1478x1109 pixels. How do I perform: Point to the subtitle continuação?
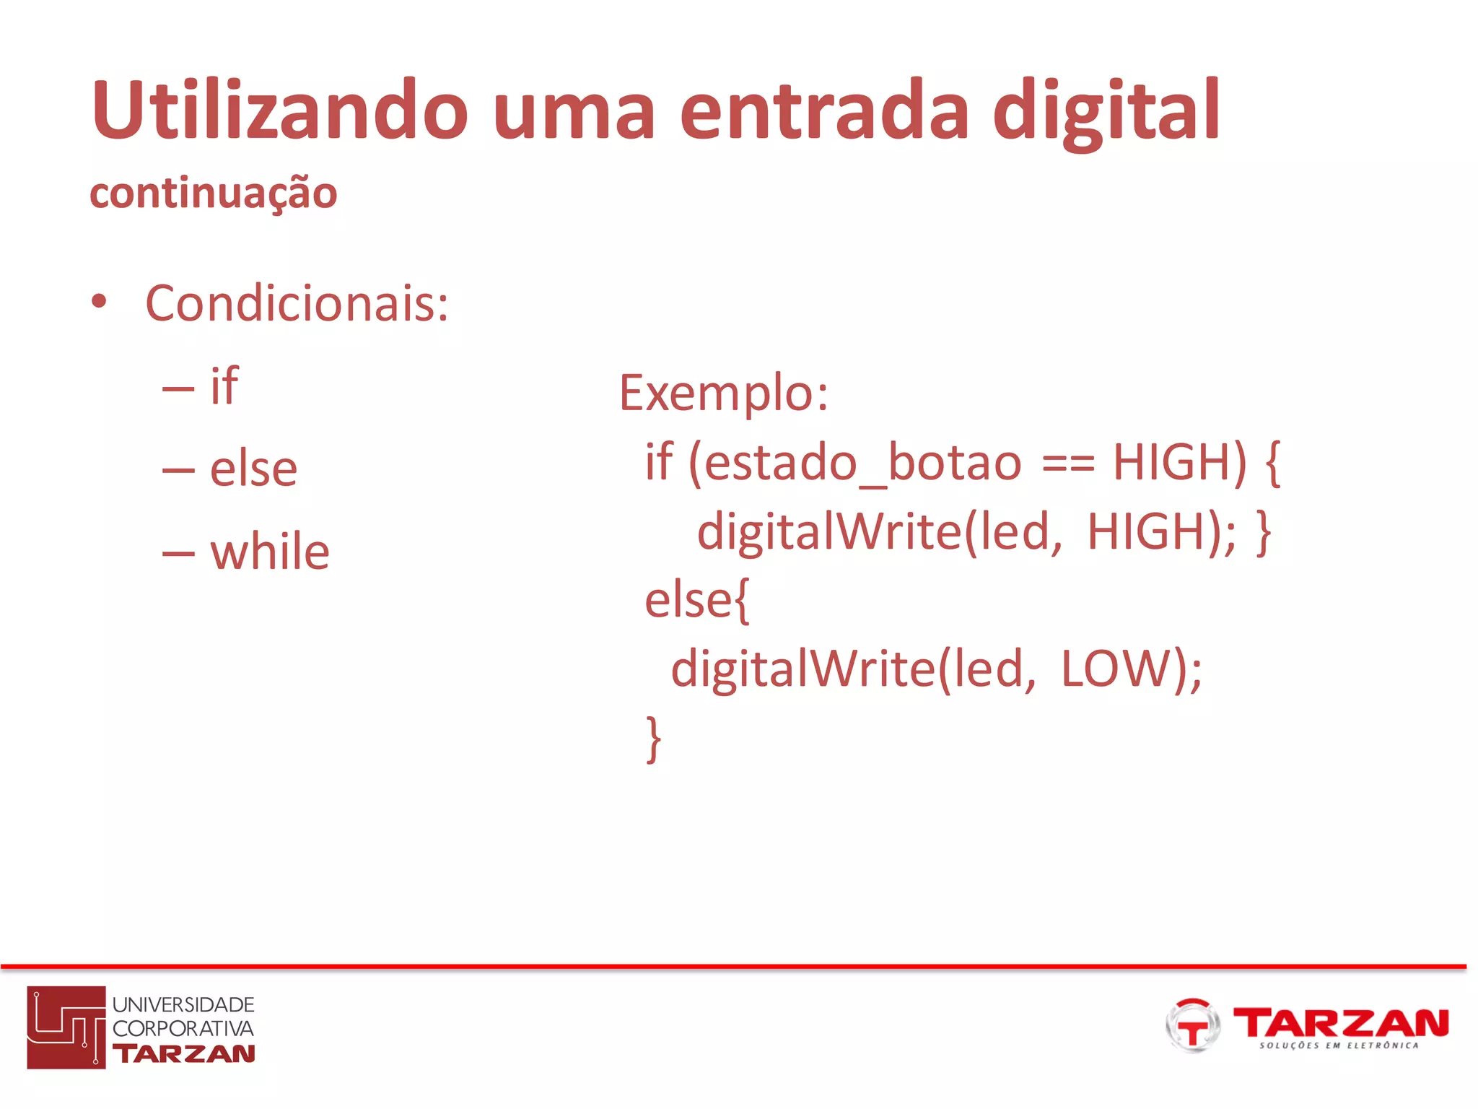click(x=214, y=193)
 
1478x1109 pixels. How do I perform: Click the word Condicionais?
click(x=297, y=303)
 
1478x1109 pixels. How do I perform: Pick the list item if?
click(x=224, y=386)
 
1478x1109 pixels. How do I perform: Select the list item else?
click(x=253, y=469)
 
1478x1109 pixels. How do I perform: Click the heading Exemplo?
click(x=724, y=393)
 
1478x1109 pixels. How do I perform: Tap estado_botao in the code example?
click(x=862, y=463)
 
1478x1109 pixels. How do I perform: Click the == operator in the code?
click(x=1068, y=463)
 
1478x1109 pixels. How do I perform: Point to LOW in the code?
click(x=1115, y=669)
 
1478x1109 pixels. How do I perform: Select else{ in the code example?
click(x=697, y=600)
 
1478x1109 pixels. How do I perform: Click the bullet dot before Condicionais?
click(x=99, y=302)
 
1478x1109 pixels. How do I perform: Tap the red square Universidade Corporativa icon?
click(x=66, y=1027)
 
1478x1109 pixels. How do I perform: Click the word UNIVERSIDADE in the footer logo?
click(x=183, y=1004)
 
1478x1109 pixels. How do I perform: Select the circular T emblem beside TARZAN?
click(x=1192, y=1025)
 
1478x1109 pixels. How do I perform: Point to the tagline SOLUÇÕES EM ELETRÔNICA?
click(x=1339, y=1045)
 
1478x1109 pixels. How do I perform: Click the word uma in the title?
click(x=574, y=111)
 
